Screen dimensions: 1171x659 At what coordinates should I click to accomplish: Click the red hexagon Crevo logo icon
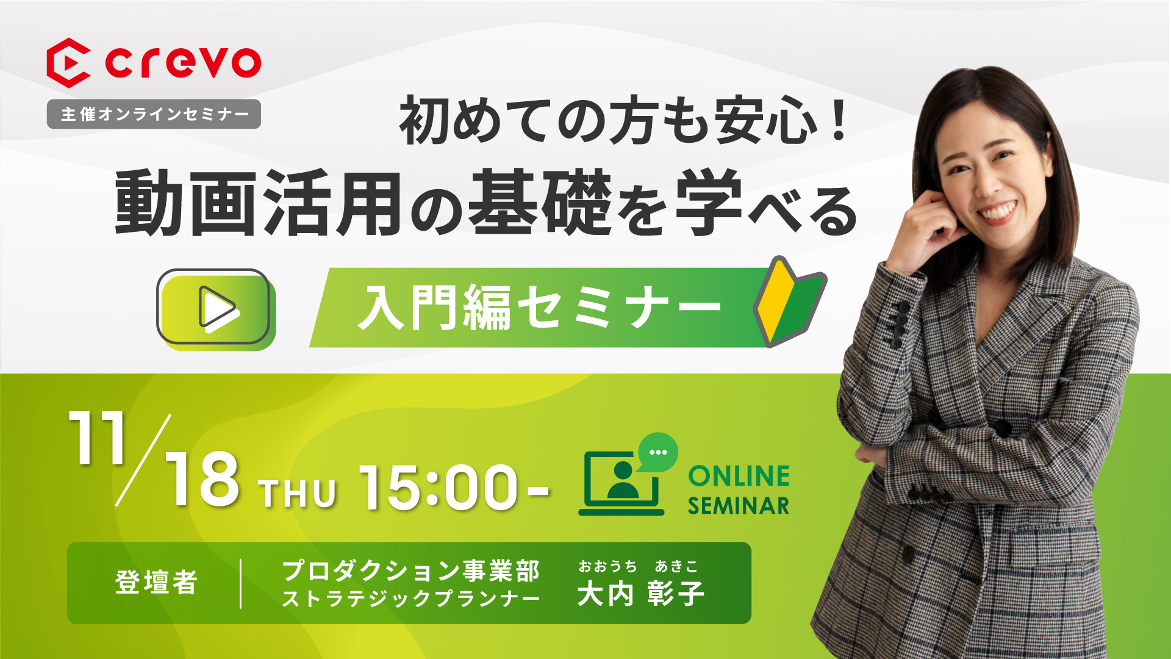68,63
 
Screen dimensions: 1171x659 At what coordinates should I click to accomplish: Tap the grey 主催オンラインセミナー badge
154,114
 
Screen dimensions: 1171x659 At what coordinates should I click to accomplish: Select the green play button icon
216,309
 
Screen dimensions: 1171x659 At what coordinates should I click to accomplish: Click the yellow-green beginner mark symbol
789,301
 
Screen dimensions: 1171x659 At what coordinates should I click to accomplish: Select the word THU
297,494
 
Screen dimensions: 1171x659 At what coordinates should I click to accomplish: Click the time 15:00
438,487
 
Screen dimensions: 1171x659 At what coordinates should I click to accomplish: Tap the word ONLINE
739,477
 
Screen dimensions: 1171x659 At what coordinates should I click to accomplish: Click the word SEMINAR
739,506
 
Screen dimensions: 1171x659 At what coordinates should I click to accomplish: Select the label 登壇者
156,582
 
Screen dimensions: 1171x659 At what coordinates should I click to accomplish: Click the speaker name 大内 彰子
640,594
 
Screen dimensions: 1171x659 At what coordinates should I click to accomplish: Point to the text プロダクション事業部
411,571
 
